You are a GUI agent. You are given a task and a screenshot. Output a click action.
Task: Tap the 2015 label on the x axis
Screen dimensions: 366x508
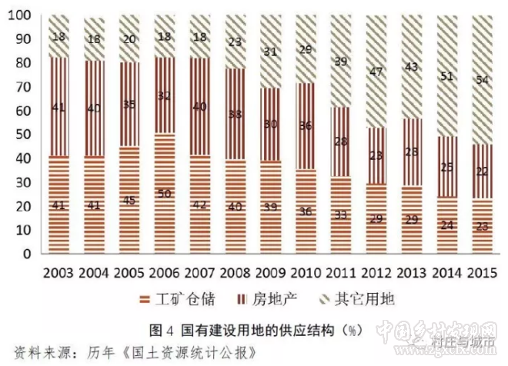tap(475, 272)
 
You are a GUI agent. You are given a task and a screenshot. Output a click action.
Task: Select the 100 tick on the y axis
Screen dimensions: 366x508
tap(20, 15)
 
